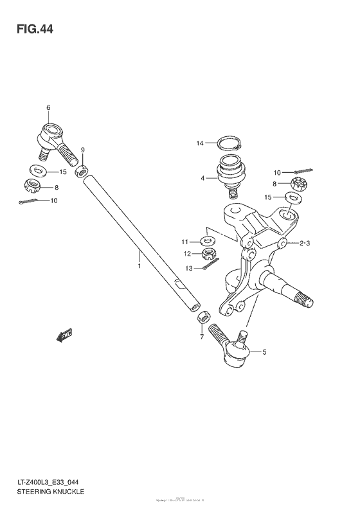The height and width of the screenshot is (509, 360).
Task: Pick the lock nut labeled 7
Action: click(202, 317)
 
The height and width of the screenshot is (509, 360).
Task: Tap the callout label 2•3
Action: click(304, 243)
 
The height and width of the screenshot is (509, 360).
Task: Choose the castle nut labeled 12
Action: click(215, 255)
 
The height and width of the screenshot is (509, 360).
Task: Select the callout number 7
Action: click(201, 337)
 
